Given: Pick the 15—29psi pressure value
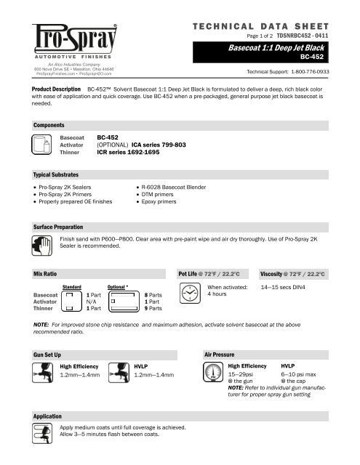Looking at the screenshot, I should pyautogui.click(x=242, y=375).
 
